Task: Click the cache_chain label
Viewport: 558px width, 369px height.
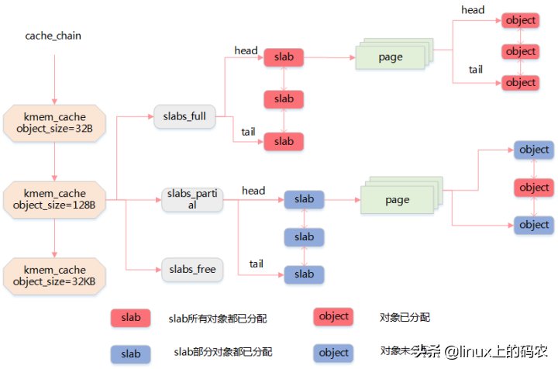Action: pyautogui.click(x=53, y=36)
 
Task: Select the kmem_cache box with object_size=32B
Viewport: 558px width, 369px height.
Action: pyautogui.click(x=54, y=122)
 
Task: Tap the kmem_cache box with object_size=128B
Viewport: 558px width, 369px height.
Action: pyautogui.click(x=54, y=199)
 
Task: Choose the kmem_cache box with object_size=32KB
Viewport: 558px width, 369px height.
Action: pyautogui.click(x=54, y=276)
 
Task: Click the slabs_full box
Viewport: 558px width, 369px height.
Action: pyautogui.click(x=184, y=117)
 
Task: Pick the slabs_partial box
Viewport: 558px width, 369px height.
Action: pyautogui.click(x=191, y=199)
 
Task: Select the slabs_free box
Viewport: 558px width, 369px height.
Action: pyautogui.click(x=192, y=269)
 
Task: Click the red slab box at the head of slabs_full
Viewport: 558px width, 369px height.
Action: pyautogui.click(x=284, y=57)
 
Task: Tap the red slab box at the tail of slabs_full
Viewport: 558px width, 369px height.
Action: pyautogui.click(x=284, y=141)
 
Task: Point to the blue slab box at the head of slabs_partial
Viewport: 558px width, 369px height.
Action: pyautogui.click(x=304, y=199)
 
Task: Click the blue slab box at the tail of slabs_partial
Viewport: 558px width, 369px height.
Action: pyautogui.click(x=304, y=274)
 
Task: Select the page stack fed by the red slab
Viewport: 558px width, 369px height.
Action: pyautogui.click(x=391, y=57)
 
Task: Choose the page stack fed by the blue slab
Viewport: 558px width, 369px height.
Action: pyautogui.click(x=397, y=199)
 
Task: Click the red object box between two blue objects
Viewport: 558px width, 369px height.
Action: pyautogui.click(x=534, y=188)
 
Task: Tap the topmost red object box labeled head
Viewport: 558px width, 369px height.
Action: pyautogui.click(x=520, y=20)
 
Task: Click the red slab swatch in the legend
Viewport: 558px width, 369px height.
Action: pyautogui.click(x=131, y=318)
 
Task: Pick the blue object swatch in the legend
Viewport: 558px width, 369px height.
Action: pyautogui.click(x=333, y=353)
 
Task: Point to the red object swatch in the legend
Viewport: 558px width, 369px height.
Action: pyautogui.click(x=333, y=316)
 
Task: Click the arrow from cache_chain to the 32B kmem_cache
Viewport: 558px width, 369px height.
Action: pyautogui.click(x=54, y=78)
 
